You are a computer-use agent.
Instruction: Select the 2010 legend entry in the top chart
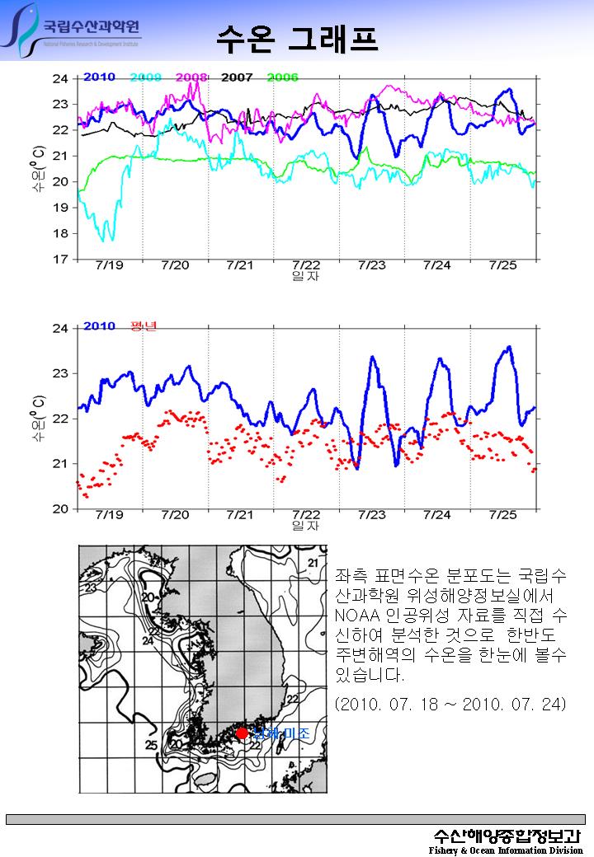pyautogui.click(x=99, y=77)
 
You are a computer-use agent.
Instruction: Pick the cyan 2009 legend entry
pyautogui.click(x=145, y=77)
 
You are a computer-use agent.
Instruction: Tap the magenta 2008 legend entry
pyautogui.click(x=191, y=77)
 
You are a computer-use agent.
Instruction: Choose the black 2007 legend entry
pyautogui.click(x=237, y=77)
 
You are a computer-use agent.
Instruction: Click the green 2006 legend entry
pyautogui.click(x=282, y=77)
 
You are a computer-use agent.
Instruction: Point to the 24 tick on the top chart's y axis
pyautogui.click(x=60, y=79)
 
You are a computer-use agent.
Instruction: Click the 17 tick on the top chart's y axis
pyautogui.click(x=60, y=260)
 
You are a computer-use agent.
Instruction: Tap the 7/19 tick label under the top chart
pyautogui.click(x=110, y=265)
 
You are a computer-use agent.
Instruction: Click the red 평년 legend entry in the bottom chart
pyautogui.click(x=144, y=326)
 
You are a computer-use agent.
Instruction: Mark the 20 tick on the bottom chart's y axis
pyautogui.click(x=60, y=509)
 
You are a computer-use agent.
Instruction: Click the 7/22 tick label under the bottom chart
pyautogui.click(x=306, y=515)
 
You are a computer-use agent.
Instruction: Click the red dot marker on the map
pyautogui.click(x=242, y=733)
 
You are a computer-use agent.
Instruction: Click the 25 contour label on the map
pyautogui.click(x=151, y=746)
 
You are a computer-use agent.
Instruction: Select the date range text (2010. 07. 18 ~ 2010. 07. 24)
pyautogui.click(x=451, y=705)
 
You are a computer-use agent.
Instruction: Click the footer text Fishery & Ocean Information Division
pyautogui.click(x=506, y=850)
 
